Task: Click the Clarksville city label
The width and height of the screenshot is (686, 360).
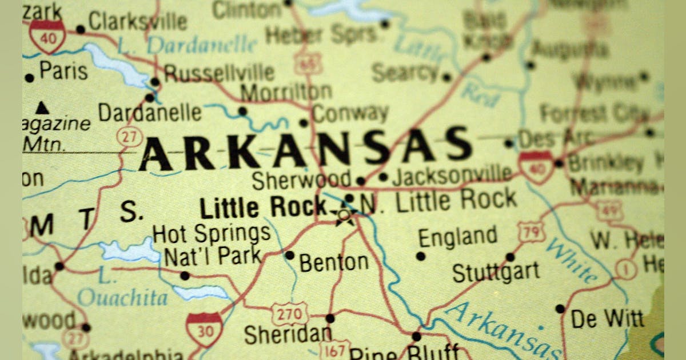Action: click(138, 22)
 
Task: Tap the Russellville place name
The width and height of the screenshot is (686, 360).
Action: click(219, 73)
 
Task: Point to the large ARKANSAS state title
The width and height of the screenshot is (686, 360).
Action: click(306, 148)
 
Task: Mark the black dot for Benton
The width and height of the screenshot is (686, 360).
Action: click(289, 255)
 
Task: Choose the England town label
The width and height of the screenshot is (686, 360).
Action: click(457, 237)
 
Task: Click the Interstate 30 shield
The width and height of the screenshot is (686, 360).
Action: click(204, 329)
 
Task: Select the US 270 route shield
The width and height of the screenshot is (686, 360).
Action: click(289, 314)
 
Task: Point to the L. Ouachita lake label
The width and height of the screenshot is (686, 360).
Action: click(122, 290)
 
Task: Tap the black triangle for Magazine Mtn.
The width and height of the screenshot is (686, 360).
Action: click(41, 107)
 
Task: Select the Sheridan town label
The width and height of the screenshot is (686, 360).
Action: click(288, 334)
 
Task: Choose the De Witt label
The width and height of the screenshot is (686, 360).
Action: click(607, 319)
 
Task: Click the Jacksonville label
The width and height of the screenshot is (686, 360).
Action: click(452, 174)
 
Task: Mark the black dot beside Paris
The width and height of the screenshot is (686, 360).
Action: click(29, 78)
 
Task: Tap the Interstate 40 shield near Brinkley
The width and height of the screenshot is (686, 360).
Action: click(536, 166)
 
